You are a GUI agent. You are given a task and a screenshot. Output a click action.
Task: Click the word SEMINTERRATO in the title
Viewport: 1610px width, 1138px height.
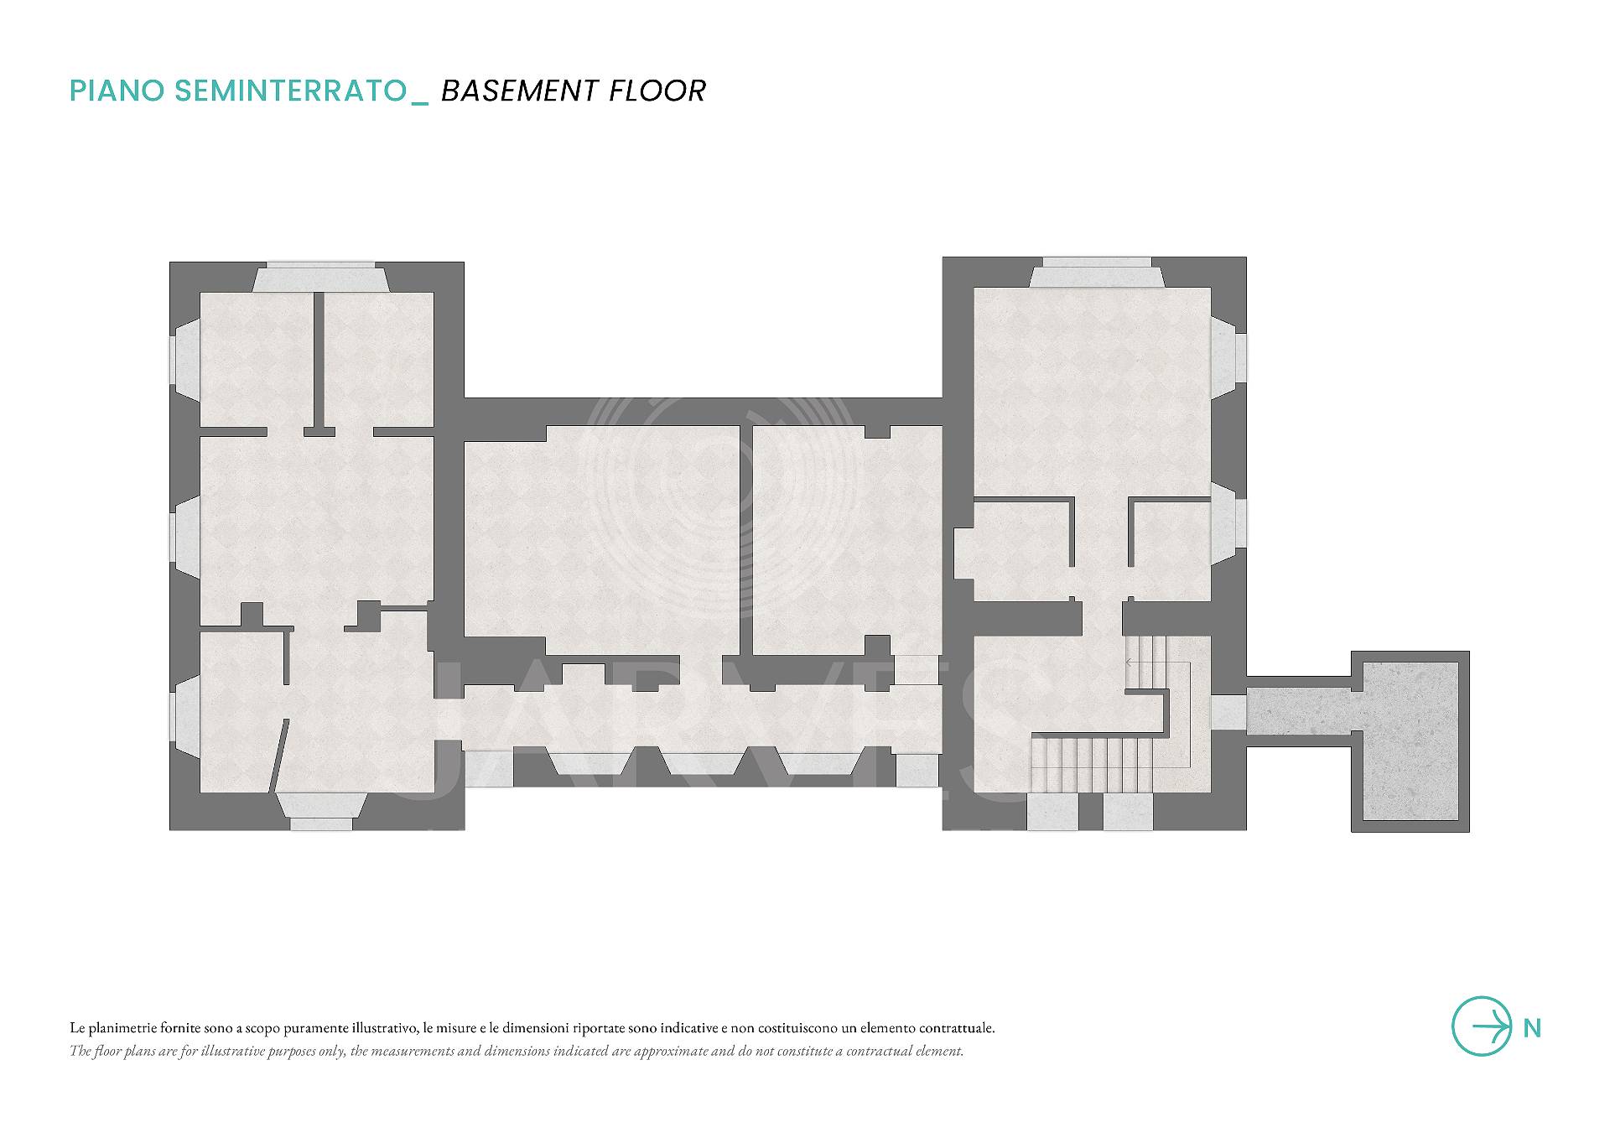[x=290, y=91]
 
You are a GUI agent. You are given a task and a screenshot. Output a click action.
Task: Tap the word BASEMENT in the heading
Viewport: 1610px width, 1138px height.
[x=520, y=91]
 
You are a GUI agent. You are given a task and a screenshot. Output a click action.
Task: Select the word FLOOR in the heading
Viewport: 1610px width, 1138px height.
[x=657, y=91]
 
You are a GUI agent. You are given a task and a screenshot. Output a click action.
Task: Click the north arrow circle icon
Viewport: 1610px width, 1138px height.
[x=1482, y=1026]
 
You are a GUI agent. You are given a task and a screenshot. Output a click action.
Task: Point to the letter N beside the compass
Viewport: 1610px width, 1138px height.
[x=1532, y=1028]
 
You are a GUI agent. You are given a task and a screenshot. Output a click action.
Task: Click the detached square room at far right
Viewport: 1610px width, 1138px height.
[x=1410, y=741]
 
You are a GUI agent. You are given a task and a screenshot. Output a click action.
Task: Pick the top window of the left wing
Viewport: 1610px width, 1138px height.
[x=320, y=278]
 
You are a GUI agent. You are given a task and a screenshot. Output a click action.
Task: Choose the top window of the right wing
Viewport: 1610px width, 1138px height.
[x=1097, y=273]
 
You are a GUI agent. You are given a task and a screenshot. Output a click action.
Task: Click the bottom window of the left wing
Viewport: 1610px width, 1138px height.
[x=320, y=811]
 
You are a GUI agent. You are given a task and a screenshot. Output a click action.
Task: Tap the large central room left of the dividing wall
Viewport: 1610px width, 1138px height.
[x=601, y=539]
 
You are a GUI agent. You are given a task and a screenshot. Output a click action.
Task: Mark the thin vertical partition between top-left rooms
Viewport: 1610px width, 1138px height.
[x=319, y=361]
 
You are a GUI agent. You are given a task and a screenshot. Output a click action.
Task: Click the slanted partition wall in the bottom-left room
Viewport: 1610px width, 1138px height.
[x=280, y=755]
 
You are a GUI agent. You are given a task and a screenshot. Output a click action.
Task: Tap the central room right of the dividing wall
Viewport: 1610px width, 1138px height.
[x=847, y=539]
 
